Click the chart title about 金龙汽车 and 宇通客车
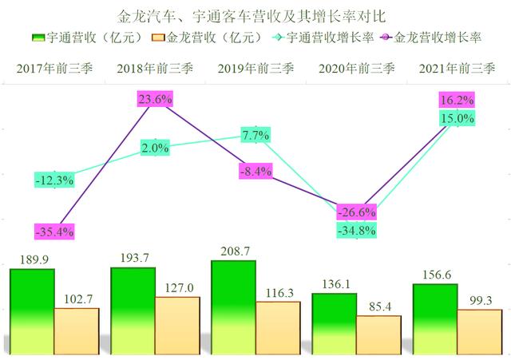pos(255,15)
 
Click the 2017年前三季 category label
pos(54,69)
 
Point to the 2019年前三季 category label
pos(255,69)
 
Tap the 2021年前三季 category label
pos(456,69)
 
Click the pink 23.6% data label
pos(155,100)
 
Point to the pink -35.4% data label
pos(54,232)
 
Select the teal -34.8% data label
pos(355,230)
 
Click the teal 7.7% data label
pos(255,135)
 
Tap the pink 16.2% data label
pos(458,101)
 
